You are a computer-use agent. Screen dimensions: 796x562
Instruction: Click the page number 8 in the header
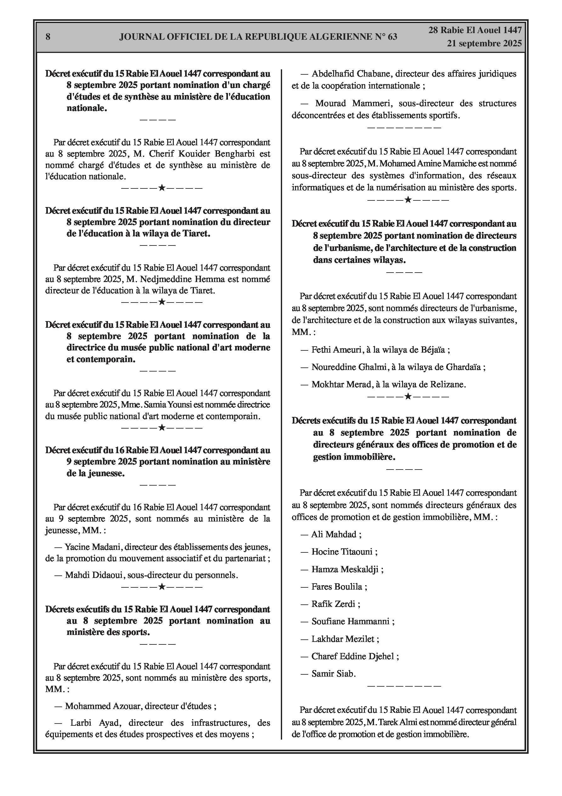click(48, 37)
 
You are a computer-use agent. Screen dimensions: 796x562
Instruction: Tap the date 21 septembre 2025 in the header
click(484, 43)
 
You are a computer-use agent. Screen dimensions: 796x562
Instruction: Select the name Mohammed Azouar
click(103, 706)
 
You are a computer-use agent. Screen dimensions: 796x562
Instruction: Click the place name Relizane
click(448, 384)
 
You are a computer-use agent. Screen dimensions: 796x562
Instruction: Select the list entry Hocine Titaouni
click(342, 551)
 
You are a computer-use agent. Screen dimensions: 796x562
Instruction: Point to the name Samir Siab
click(333, 674)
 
